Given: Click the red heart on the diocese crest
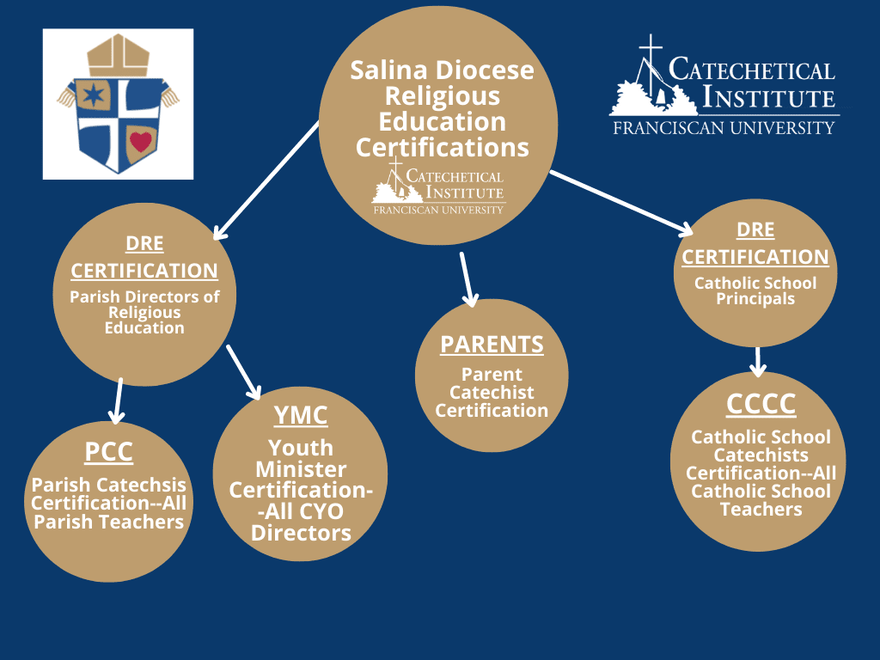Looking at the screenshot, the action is click(x=140, y=141).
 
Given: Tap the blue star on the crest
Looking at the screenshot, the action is click(x=94, y=95).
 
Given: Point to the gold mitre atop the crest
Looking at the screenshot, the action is click(x=119, y=55).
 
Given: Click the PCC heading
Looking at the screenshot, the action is click(x=109, y=452).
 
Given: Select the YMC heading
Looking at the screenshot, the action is click(x=301, y=416).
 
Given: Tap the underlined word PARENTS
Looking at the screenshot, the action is click(x=492, y=345).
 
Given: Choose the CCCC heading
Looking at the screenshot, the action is click(x=761, y=404).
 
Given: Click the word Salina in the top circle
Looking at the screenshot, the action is click(x=391, y=70).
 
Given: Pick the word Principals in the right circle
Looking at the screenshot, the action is click(x=755, y=299).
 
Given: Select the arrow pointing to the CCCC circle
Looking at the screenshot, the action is click(x=758, y=362).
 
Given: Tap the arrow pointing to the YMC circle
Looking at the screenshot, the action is click(x=244, y=372).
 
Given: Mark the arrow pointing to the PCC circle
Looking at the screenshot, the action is click(x=117, y=400).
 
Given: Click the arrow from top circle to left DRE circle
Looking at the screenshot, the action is click(x=266, y=180).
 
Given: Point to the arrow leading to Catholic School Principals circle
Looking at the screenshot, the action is click(x=622, y=203).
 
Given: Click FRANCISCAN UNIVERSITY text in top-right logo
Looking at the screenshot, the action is click(x=724, y=128).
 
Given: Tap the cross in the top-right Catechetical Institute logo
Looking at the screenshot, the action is click(x=651, y=63).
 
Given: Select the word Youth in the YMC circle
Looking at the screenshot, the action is click(x=301, y=448).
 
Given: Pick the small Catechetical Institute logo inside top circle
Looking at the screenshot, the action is click(x=438, y=186).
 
